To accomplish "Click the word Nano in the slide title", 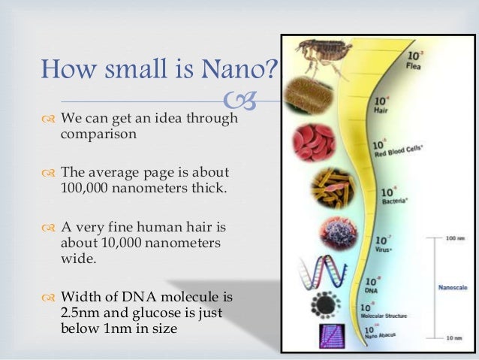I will coord(232,71).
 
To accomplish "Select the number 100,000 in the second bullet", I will coord(85,187).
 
